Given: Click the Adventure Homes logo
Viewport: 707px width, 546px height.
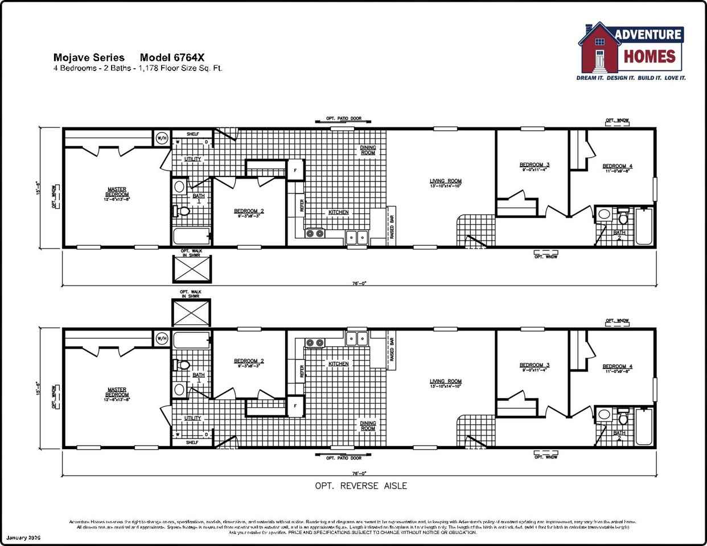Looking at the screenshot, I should pyautogui.click(x=631, y=51).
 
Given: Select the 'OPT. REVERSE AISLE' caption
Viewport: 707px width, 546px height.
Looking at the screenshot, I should pyautogui.click(x=361, y=486).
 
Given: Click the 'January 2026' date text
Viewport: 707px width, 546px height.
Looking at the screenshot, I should pyautogui.click(x=24, y=537).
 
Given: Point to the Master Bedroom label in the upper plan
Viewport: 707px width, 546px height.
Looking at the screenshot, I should pyautogui.click(x=117, y=192).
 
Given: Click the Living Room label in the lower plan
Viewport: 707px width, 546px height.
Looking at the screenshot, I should pyautogui.click(x=445, y=382).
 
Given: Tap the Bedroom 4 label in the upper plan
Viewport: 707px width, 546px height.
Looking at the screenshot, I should pyautogui.click(x=618, y=167).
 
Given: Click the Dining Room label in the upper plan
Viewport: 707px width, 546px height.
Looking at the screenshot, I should pyautogui.click(x=368, y=150).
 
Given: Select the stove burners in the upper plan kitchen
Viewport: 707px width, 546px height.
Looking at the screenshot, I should pyautogui.click(x=315, y=233).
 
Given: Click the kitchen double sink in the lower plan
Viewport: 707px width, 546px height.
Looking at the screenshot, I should pyautogui.click(x=358, y=338).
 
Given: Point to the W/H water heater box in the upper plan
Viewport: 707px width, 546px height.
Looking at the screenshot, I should pyautogui.click(x=162, y=138).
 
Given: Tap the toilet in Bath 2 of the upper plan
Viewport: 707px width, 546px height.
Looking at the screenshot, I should pyautogui.click(x=623, y=218).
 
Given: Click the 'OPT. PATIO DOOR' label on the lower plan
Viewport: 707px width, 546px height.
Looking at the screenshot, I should pyautogui.click(x=344, y=458).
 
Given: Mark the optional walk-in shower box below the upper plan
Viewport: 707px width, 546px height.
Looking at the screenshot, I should pyautogui.click(x=191, y=268).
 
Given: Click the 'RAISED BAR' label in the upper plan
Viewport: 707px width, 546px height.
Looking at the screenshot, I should pyautogui.click(x=392, y=226).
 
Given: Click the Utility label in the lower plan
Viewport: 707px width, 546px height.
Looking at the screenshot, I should pyautogui.click(x=192, y=418).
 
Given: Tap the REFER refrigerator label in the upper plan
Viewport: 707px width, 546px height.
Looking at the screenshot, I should pyautogui.click(x=301, y=205).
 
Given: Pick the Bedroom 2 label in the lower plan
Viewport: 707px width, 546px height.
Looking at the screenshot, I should pyautogui.click(x=249, y=361).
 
